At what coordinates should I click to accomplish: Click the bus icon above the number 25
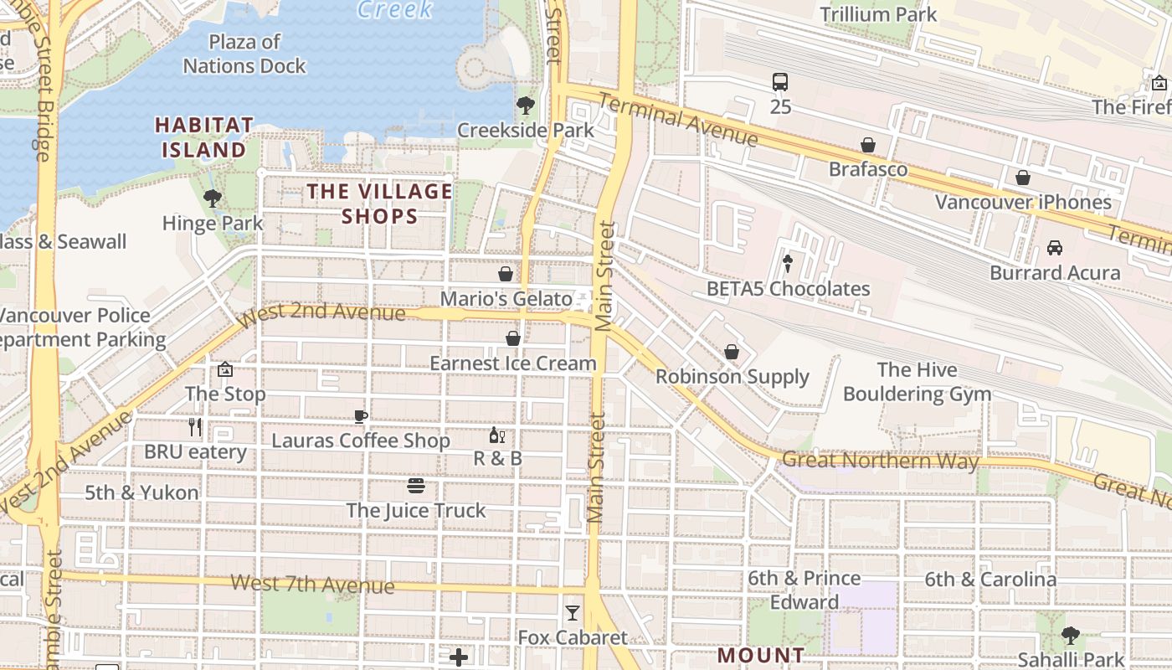click(x=780, y=82)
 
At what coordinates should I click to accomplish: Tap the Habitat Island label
click(x=204, y=137)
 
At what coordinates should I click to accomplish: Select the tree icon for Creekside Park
click(x=526, y=106)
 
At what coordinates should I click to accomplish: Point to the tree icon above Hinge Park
click(x=213, y=198)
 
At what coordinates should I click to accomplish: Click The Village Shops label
click(x=379, y=204)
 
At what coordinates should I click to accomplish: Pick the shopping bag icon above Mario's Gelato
click(x=506, y=274)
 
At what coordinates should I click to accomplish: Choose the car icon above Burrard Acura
click(x=1055, y=248)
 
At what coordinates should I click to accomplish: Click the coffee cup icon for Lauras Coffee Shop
click(x=361, y=416)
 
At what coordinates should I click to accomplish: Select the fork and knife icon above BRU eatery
click(x=195, y=427)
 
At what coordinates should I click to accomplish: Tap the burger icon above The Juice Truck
click(x=416, y=486)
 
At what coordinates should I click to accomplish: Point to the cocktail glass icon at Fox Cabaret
click(x=573, y=613)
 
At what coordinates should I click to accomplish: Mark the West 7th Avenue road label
click(x=312, y=584)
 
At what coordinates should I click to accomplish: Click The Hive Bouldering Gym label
click(x=917, y=382)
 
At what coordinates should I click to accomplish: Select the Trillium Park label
click(x=878, y=14)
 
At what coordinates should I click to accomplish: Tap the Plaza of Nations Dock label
click(x=244, y=54)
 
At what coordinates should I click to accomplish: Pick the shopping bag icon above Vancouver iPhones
click(x=1023, y=178)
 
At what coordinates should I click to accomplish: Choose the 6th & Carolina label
click(x=990, y=580)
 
